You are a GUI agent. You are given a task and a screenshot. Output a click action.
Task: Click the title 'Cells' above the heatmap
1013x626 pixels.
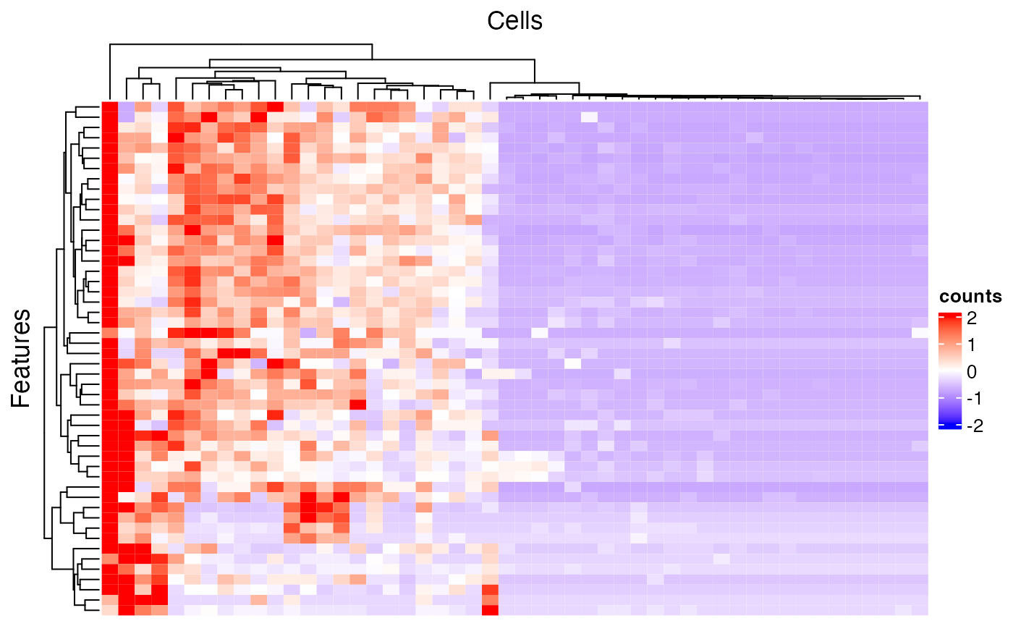514,21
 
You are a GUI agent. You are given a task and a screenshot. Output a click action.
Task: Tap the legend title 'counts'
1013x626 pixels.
970,296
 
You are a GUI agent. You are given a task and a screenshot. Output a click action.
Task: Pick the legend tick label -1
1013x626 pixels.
970,399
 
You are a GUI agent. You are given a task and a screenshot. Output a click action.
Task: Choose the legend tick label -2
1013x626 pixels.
970,426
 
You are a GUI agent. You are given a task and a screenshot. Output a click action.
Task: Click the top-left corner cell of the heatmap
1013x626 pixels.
109,106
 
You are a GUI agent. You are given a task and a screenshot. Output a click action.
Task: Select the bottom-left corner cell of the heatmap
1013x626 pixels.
109,609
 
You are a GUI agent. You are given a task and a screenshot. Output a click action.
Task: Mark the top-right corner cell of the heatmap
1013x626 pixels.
920,106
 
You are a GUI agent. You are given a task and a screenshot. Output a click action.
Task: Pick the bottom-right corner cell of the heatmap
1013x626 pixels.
920,609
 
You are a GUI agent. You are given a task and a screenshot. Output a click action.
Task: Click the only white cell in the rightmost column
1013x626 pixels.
920,333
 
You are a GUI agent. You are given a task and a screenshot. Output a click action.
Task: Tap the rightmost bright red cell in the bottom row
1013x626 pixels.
490,609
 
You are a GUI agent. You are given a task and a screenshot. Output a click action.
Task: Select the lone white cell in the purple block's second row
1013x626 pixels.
589,117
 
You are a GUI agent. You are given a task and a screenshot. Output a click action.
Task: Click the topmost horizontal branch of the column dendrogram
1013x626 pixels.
240,44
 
